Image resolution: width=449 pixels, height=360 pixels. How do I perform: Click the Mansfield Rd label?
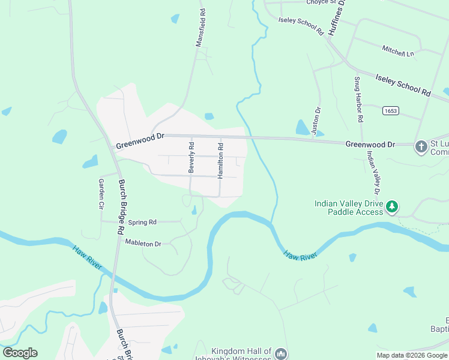coord(200,27)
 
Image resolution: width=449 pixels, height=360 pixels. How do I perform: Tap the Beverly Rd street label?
coord(191,157)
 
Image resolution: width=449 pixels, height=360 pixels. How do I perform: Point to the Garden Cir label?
coord(101,193)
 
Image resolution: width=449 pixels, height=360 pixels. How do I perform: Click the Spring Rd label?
coord(143,222)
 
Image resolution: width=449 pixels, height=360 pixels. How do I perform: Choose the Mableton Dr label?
coord(143,243)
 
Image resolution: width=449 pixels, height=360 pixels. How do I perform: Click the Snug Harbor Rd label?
coord(358,100)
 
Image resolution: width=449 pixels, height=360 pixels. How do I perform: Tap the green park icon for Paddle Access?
coord(392,207)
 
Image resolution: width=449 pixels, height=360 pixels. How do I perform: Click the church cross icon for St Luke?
coord(421,145)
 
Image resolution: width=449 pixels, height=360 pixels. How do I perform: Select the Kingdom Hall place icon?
coord(281,354)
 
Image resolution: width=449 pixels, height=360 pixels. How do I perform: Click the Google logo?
coord(20,353)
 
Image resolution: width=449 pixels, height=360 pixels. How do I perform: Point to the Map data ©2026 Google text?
coord(411,355)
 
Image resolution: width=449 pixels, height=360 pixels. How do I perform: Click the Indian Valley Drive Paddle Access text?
coord(349,208)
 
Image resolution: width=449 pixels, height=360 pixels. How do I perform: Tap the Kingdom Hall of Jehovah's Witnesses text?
coord(241,355)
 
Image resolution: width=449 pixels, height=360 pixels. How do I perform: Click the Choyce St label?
coord(322,2)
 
